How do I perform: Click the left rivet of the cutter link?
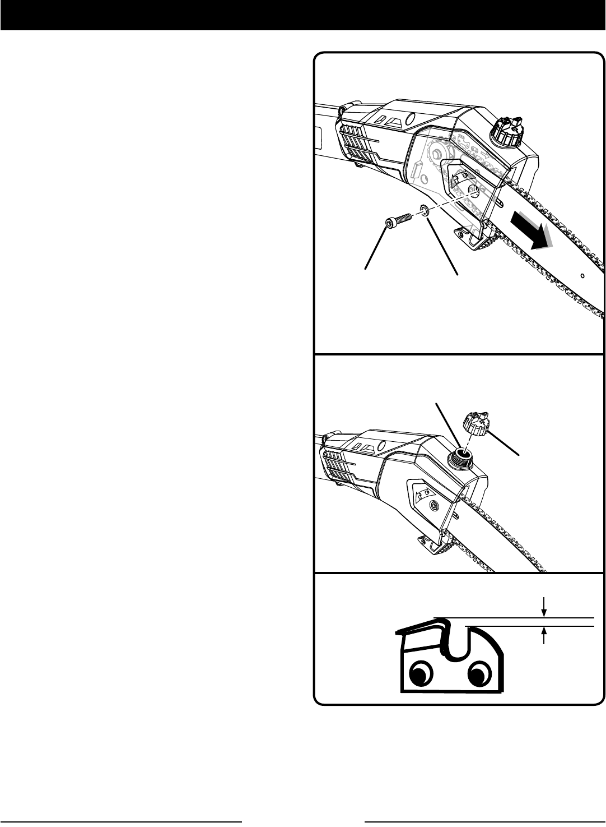421,672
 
